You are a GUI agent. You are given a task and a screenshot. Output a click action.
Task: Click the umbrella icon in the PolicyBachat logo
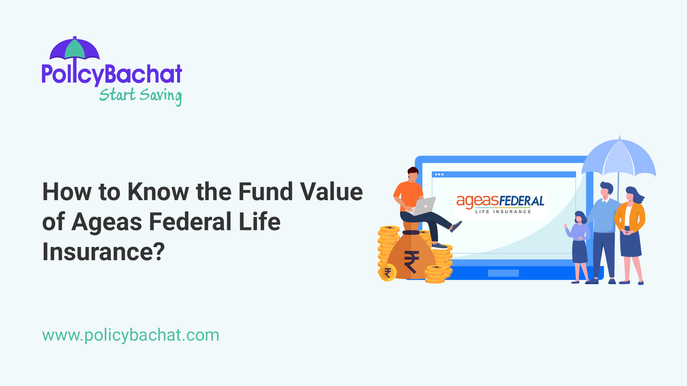pos(74,49)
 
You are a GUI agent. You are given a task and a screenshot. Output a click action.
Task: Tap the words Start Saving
pos(140,95)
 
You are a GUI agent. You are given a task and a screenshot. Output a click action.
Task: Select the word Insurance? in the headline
pos(103,252)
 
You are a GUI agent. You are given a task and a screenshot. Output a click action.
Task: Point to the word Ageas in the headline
pos(107,222)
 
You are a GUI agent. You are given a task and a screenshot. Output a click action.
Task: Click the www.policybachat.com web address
pos(131,335)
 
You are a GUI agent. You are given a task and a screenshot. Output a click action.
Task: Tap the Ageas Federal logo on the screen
pos(500,204)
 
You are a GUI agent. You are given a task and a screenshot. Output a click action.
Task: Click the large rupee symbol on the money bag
pos(411,262)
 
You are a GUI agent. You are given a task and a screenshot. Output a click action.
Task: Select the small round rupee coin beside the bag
pos(388,273)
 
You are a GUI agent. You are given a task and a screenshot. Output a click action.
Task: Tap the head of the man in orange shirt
pos(413,174)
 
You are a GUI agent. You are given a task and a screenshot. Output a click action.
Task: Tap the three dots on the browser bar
pos(439,174)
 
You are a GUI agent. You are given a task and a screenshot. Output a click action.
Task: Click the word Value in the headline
pos(331,192)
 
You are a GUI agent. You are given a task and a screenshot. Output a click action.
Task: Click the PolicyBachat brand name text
pos(112,74)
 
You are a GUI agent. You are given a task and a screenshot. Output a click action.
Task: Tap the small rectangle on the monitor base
pos(503,273)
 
